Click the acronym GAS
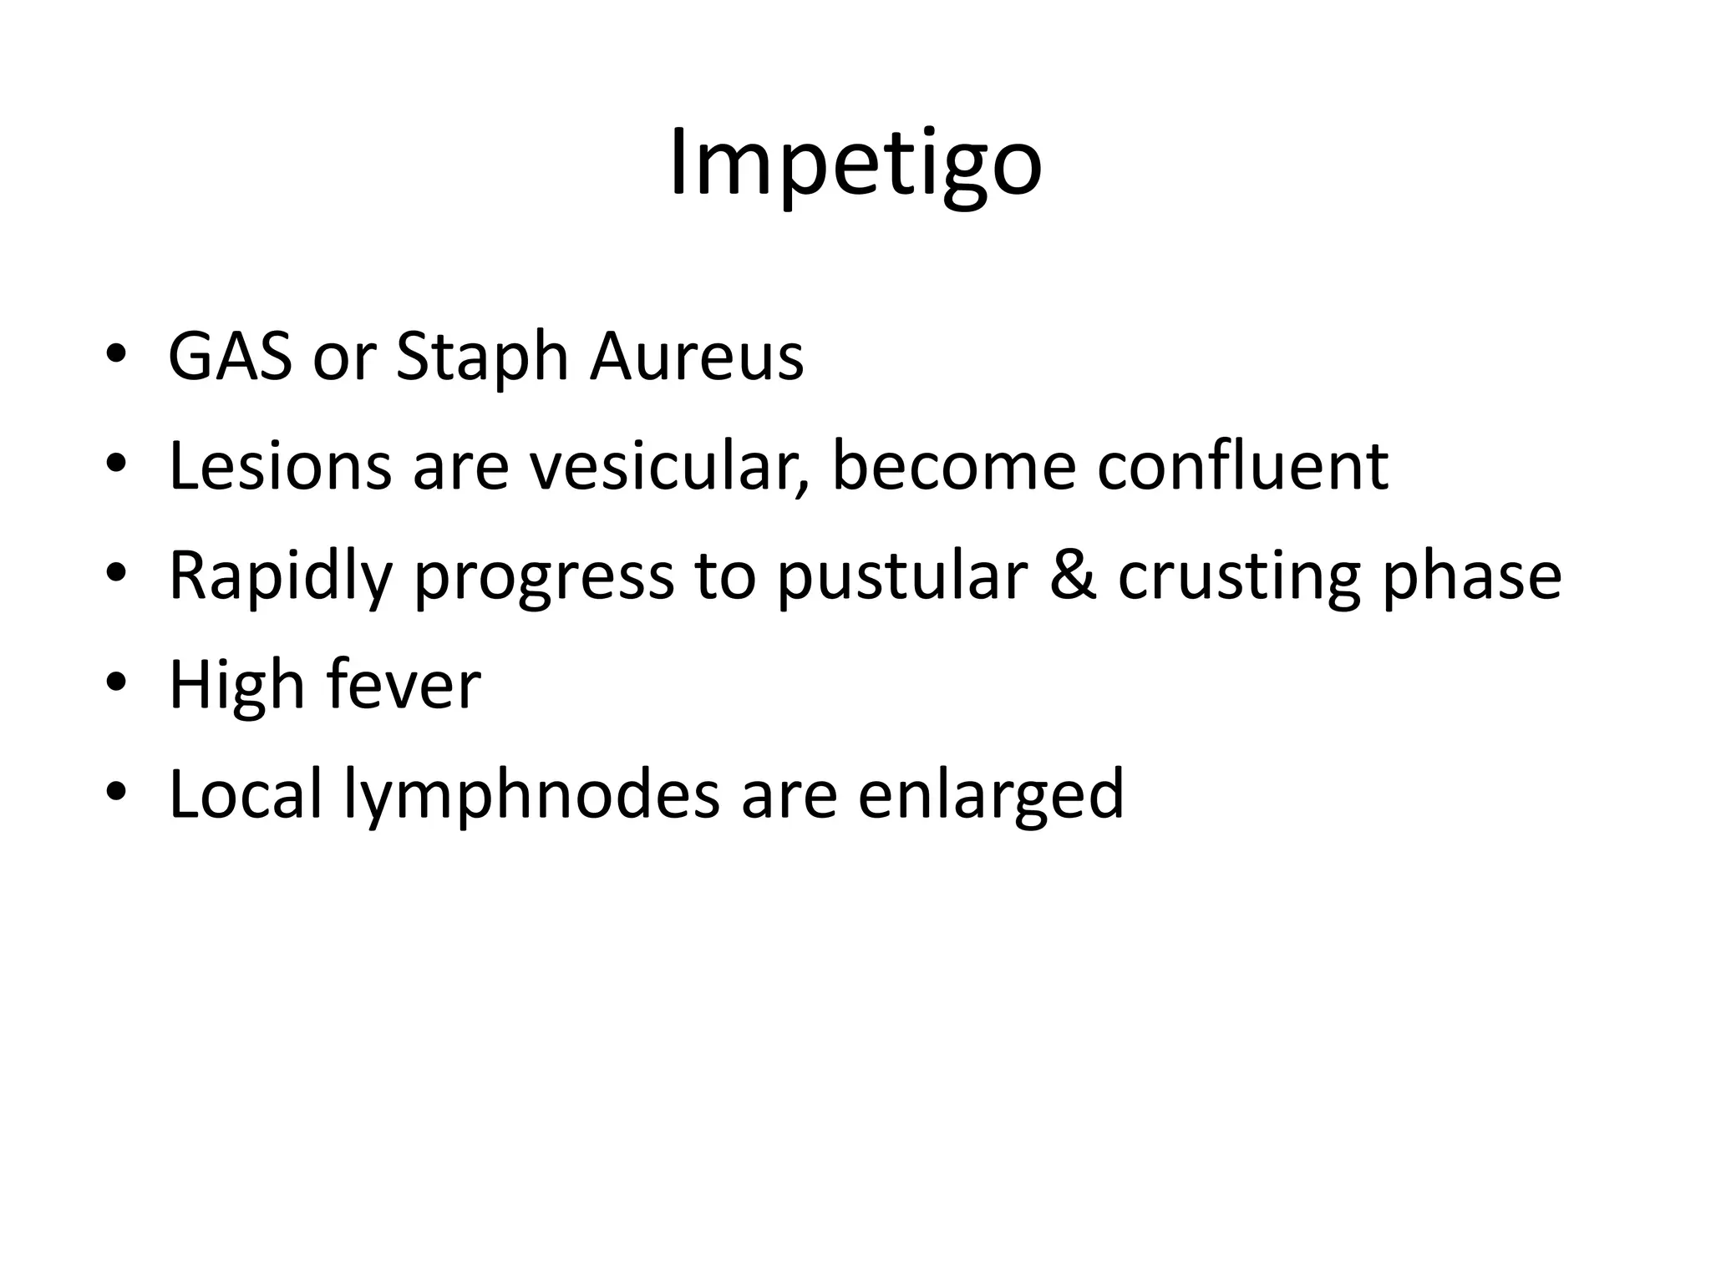coord(230,357)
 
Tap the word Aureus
coord(696,357)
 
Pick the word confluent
coord(1242,466)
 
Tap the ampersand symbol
coord(1072,576)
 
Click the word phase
coord(1471,576)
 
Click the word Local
coord(245,794)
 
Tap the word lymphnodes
coord(531,795)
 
